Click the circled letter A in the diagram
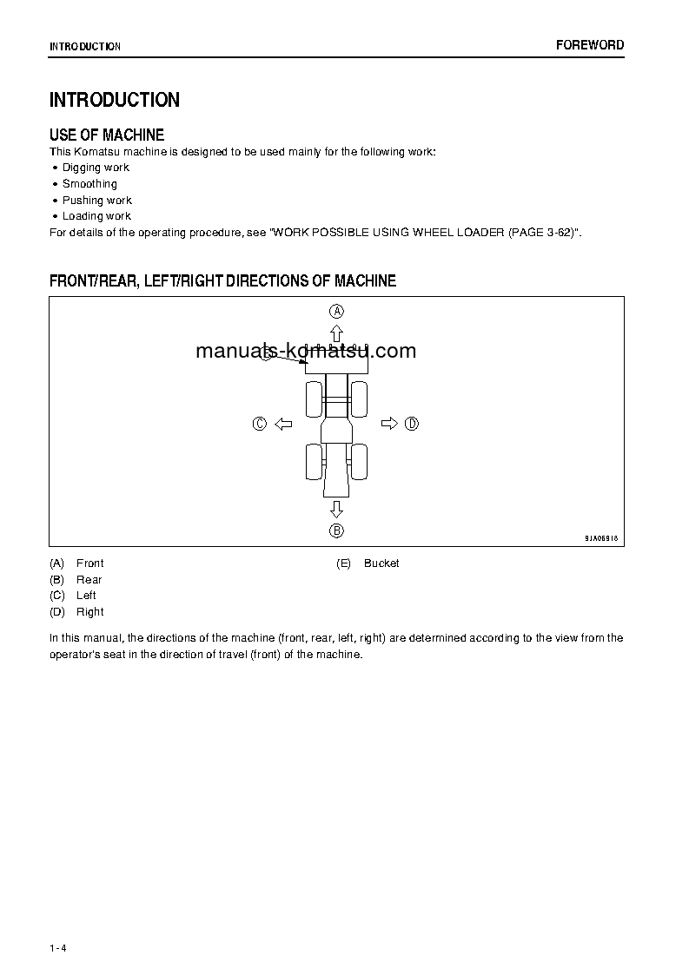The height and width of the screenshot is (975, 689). coord(336,311)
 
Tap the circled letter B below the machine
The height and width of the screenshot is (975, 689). coord(336,530)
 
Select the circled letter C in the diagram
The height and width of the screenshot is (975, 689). coord(259,424)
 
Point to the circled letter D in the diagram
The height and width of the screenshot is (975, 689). coord(412,424)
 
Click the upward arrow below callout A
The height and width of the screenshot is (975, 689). coord(336,333)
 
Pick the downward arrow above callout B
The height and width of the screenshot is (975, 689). coord(336,509)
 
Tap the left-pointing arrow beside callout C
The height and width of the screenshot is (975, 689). coord(283,424)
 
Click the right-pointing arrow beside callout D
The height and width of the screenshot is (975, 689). coord(388,424)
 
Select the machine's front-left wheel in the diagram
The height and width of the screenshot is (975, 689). coord(314,399)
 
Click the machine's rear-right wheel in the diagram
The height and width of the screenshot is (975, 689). coord(359,461)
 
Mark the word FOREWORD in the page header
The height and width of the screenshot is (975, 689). coord(590,45)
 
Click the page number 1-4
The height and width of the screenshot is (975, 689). coord(58,948)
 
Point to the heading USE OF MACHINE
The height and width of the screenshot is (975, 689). coord(107,135)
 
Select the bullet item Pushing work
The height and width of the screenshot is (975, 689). coord(96,201)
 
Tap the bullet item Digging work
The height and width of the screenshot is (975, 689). coord(96,168)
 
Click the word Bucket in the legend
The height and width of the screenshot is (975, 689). coord(381,563)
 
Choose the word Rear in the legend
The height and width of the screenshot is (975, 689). coord(89,580)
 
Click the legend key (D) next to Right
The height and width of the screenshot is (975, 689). coord(57,612)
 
